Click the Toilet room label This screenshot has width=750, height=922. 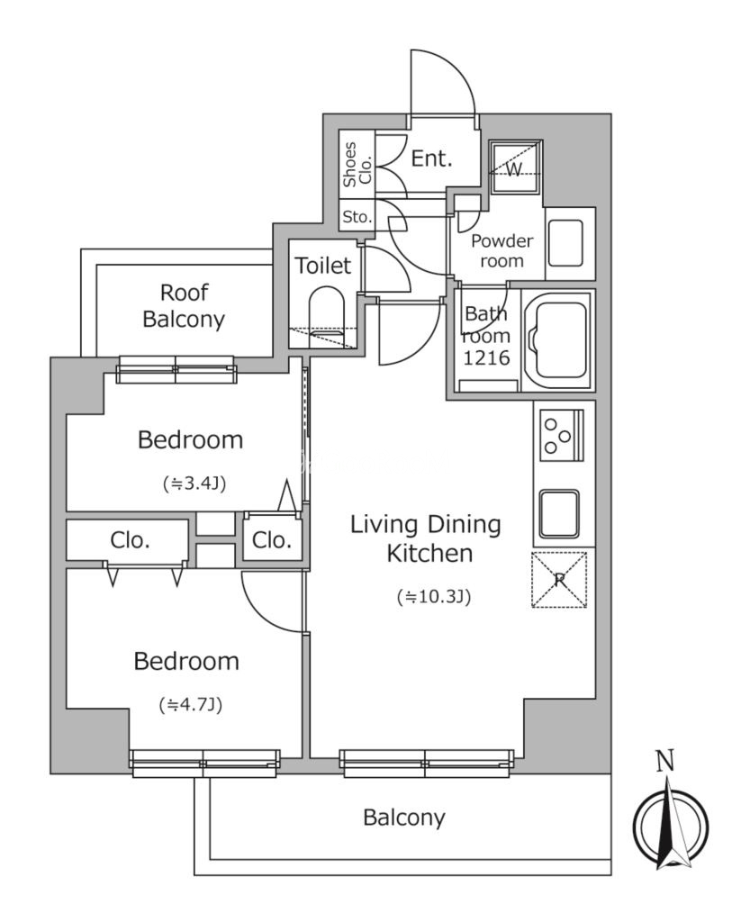pos(322,266)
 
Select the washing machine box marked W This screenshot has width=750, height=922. pos(516,167)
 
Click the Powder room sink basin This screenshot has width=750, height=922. pos(565,243)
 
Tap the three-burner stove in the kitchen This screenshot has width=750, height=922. pos(561,435)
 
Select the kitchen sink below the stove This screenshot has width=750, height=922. pos(559,513)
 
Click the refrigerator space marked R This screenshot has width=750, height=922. pos(559,579)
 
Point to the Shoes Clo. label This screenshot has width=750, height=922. pos(357,166)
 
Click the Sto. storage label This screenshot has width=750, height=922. pos(357,216)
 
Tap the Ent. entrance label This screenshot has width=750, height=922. pos(431,158)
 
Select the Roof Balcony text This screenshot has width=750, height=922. pos(184,306)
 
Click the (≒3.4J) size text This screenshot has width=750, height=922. pos(194,484)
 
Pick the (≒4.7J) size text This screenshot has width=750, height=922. pos(191,704)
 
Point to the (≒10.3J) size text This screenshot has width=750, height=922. pos(434,597)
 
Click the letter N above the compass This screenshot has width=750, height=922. pos(664,762)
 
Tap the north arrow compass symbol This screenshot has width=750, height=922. pos(671,823)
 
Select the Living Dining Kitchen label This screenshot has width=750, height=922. pos(426,538)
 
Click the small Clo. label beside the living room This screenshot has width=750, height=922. pos(272,540)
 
